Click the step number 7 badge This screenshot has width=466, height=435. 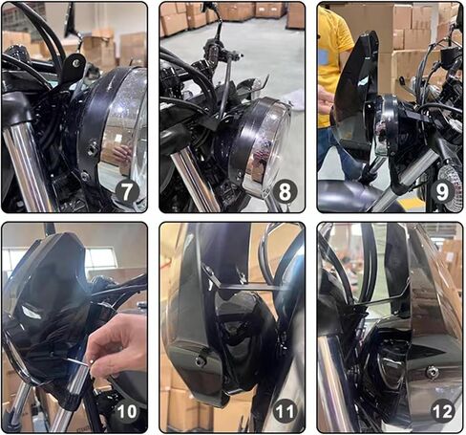point(127,192)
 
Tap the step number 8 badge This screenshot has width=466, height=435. point(285,192)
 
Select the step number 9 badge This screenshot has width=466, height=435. point(442,192)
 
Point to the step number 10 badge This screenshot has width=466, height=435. point(127,411)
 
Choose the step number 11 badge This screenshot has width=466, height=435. point(285,411)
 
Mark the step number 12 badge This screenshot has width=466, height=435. point(442,411)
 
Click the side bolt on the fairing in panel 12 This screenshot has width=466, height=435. point(432,372)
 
